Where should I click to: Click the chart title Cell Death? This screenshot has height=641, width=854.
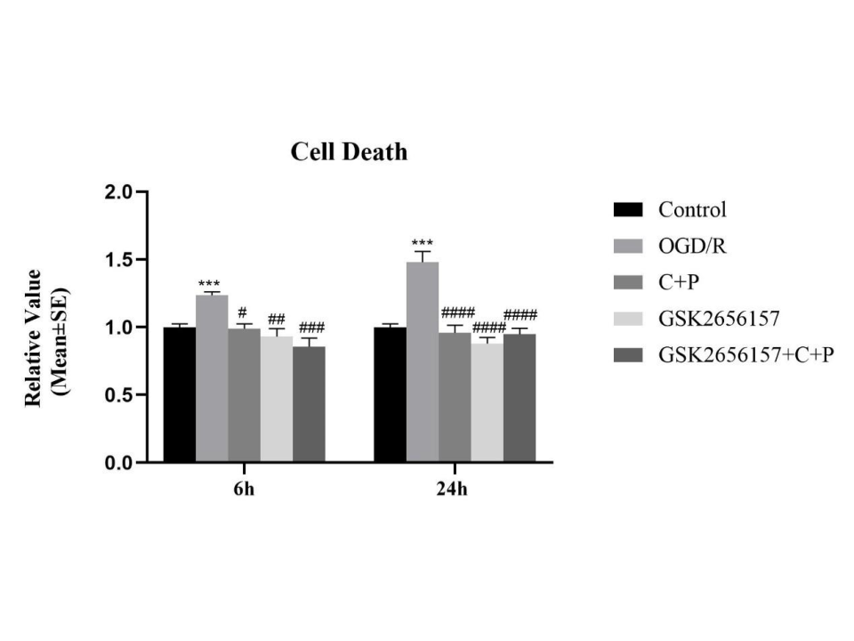(x=349, y=152)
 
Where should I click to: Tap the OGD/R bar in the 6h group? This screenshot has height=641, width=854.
(x=212, y=378)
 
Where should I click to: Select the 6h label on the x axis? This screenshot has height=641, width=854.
(x=244, y=491)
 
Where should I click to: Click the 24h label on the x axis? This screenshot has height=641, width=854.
(x=454, y=491)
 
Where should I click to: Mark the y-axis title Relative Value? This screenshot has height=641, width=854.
(x=34, y=337)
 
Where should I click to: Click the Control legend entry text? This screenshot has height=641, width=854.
(x=692, y=210)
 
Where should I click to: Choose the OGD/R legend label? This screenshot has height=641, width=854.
(x=692, y=246)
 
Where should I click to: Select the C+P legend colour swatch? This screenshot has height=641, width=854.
(x=628, y=283)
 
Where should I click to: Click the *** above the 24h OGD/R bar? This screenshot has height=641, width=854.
(x=422, y=243)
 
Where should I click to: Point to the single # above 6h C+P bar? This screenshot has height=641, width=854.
(x=242, y=312)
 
